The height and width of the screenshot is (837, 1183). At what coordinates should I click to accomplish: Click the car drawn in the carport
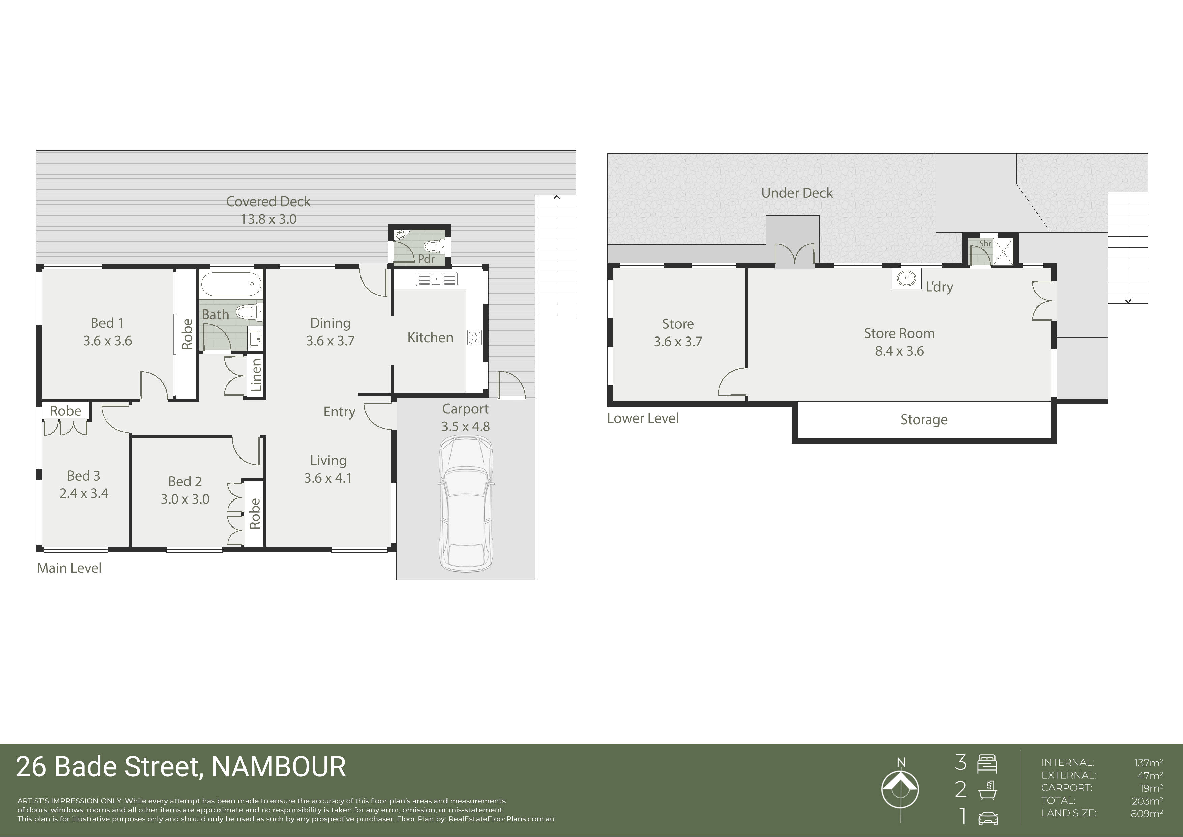(x=466, y=504)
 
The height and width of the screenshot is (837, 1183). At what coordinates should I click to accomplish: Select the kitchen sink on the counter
(x=436, y=279)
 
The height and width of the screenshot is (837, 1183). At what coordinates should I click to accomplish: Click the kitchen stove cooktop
(x=474, y=338)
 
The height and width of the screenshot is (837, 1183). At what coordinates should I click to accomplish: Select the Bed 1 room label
(x=107, y=323)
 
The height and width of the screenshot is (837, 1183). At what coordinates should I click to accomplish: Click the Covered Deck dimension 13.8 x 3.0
(x=268, y=219)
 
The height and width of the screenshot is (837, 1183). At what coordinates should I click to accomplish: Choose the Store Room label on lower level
(x=899, y=333)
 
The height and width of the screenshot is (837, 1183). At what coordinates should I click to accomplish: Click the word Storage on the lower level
(x=924, y=420)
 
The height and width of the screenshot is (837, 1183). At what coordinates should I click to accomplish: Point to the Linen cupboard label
(x=256, y=375)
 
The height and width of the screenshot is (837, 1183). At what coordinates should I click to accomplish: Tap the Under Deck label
(x=797, y=193)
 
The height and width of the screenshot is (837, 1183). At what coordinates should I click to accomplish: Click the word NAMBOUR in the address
(x=279, y=766)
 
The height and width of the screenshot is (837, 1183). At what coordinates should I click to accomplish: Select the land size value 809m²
(x=1147, y=813)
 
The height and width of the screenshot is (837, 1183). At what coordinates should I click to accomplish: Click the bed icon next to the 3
(x=987, y=764)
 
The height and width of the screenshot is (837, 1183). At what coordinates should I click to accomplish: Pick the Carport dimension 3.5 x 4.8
(x=465, y=427)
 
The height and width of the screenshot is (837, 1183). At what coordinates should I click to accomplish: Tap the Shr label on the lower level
(x=985, y=243)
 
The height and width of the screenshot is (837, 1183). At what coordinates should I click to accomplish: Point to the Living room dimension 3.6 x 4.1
(x=328, y=478)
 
